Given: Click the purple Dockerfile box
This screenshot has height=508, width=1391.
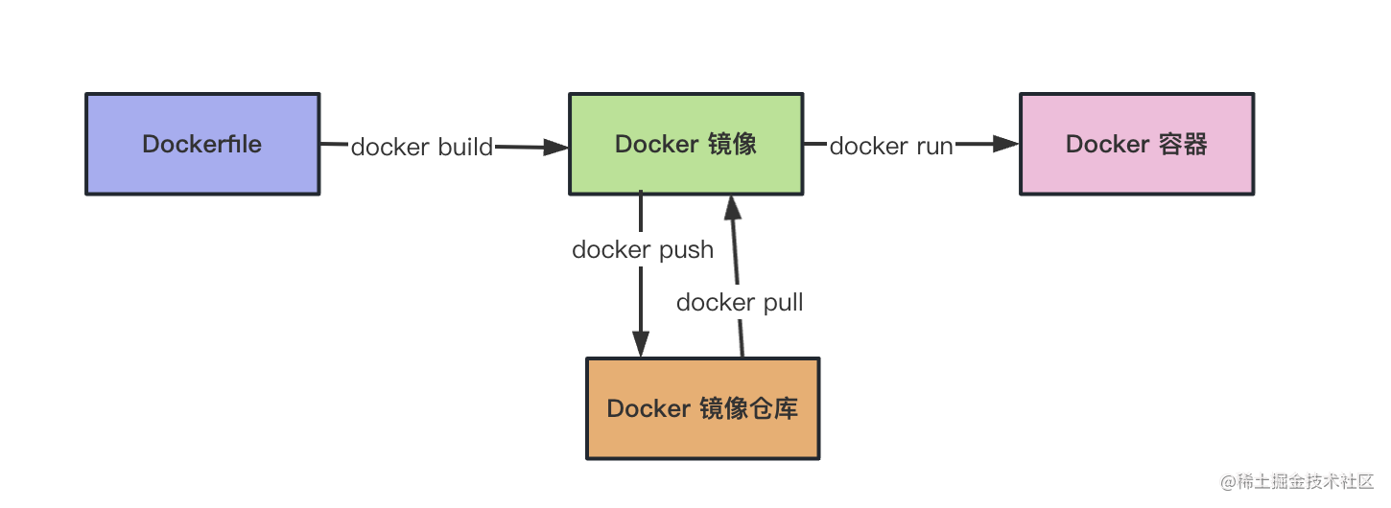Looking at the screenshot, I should pos(202,144).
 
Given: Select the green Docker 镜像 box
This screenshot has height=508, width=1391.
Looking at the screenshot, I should pos(686,144).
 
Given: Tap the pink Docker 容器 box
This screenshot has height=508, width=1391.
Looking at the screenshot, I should pos(1137,144).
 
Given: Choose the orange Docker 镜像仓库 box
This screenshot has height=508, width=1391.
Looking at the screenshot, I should pos(702,408).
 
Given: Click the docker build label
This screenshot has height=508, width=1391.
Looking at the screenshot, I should pos(422,147).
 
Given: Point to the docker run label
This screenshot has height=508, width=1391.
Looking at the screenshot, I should pos(891,146).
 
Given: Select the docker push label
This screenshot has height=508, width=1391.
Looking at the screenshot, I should pos(643,250).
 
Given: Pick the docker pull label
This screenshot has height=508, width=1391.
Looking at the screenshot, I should pos(740,303).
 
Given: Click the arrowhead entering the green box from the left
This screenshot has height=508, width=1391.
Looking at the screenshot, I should pos(556,147).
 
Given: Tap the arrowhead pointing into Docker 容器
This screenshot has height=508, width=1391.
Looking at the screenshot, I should pos(1006,144).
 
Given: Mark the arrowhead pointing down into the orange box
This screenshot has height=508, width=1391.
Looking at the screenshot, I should pos(641,345).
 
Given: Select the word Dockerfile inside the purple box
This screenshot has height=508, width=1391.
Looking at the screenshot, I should pos(202,144).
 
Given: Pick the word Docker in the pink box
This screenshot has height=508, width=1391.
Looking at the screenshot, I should pos(1108,144).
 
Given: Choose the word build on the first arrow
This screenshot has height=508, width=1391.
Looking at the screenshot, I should pos(465,147).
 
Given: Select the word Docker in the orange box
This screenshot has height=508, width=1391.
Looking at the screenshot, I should pos(649,408).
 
